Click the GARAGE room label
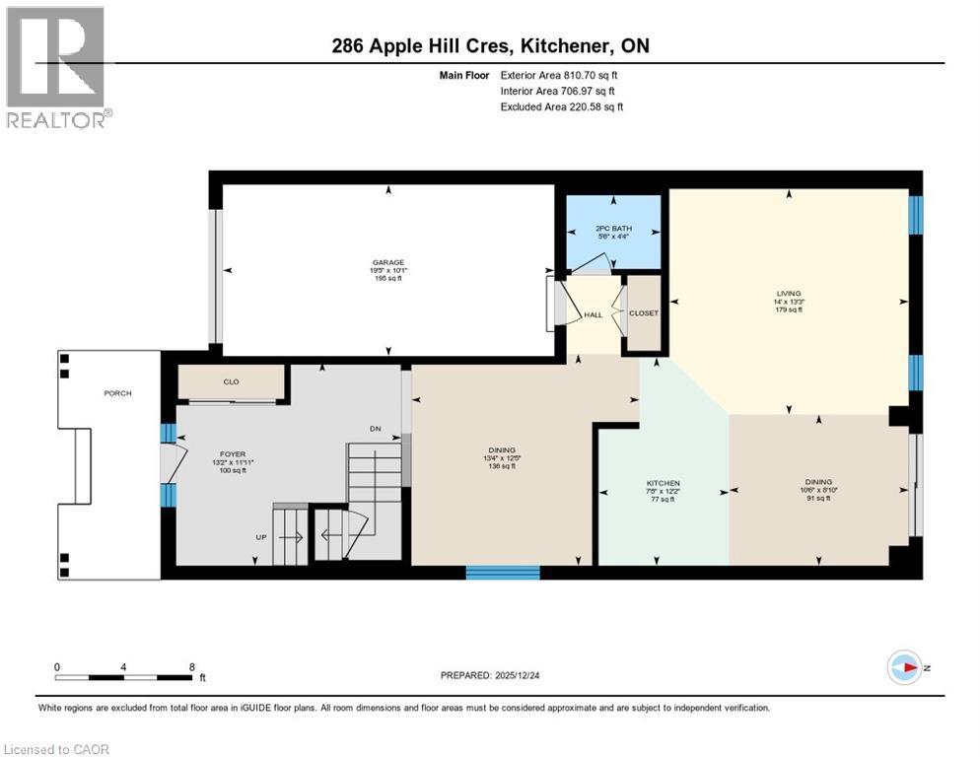point(386,262)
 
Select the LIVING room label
point(788,293)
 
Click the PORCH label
point(117,392)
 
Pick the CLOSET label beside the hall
point(644,313)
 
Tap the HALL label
point(593,314)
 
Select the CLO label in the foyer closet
point(231,381)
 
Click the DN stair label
point(375,429)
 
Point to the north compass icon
point(904,668)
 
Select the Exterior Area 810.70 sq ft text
point(560,75)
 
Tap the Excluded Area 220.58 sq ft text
point(562,107)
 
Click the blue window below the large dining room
point(502,572)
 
